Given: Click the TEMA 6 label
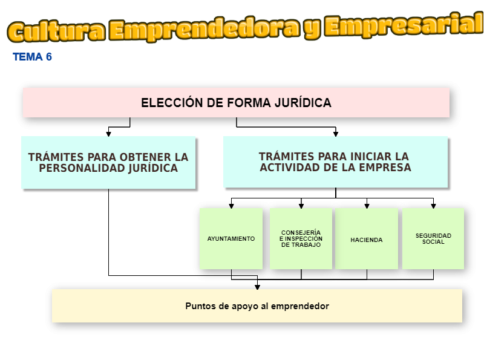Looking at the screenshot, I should point(32,57).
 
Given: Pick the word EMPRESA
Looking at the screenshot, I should point(382,168).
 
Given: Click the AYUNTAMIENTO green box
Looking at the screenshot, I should point(231,239).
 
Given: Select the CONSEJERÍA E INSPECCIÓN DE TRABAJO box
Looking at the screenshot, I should point(301,239).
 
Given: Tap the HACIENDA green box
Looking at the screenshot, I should point(367,240).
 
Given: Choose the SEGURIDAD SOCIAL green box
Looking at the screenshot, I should point(433,239).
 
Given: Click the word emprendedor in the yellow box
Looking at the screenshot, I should point(300,306).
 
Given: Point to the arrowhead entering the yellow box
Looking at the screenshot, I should point(257,286).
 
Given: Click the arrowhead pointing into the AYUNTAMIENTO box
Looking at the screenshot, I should point(231,206).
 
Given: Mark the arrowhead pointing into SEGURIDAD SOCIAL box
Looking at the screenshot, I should point(433,206).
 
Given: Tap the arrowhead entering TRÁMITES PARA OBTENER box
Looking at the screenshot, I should point(109,133).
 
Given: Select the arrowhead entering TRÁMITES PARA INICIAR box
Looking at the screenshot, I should point(336,133).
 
